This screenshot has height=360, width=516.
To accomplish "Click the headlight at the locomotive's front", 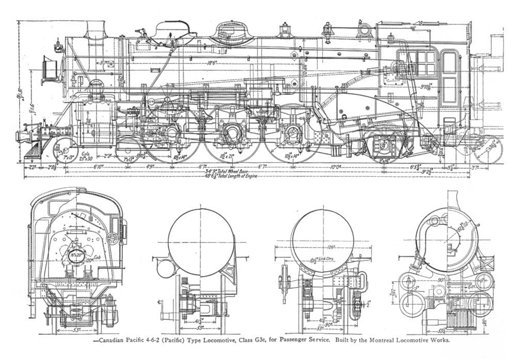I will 49,69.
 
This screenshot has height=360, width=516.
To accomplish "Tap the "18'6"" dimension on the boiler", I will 211,63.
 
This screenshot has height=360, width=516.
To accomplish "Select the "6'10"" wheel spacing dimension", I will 98,167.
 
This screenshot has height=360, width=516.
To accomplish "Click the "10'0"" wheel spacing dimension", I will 335,167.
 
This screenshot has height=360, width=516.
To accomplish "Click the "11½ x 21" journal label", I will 228,155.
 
